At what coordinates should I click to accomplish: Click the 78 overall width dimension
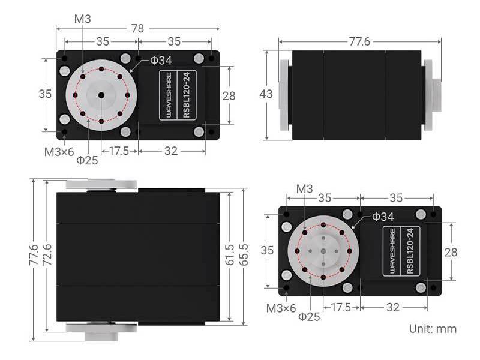click(137, 28)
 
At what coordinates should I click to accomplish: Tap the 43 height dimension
click(266, 94)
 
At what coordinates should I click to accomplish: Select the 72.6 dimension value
click(47, 255)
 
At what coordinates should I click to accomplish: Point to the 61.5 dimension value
click(229, 254)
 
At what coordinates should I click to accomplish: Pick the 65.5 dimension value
click(244, 254)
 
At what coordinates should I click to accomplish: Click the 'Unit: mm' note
click(433, 329)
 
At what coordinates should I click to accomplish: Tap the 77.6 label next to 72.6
click(34, 254)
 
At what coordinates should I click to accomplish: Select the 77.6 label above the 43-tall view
click(359, 41)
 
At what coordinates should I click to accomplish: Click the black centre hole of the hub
click(101, 95)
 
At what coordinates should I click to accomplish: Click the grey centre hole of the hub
click(323, 251)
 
